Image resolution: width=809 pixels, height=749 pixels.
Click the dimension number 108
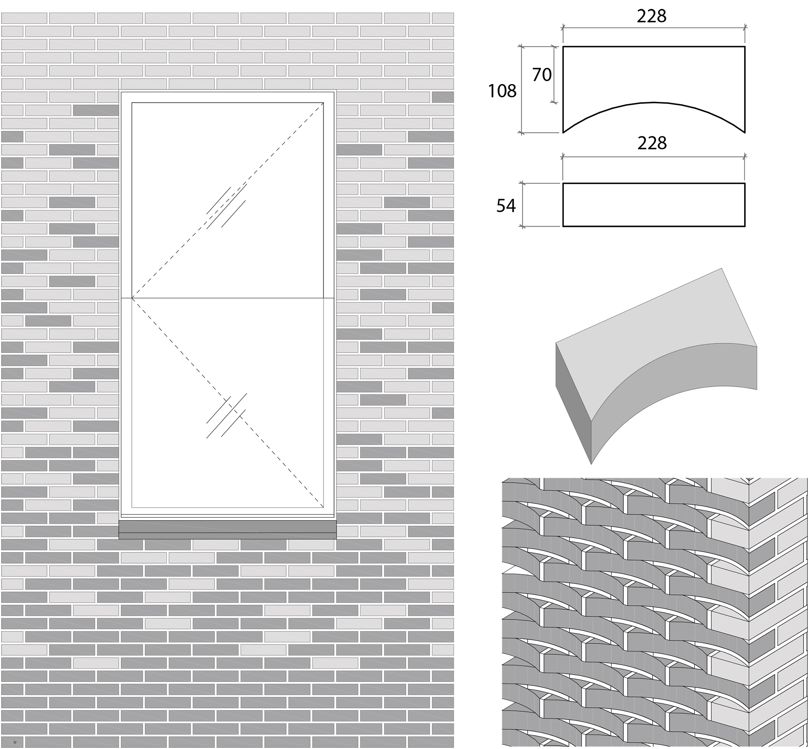(x=502, y=91)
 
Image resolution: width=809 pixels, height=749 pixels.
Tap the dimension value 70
(x=542, y=74)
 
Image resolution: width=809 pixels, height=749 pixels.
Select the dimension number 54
(x=506, y=206)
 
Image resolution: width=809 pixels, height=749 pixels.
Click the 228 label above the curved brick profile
(x=651, y=16)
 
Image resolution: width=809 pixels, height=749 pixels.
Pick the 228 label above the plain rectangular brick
(x=652, y=143)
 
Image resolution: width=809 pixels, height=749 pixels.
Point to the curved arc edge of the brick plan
(x=654, y=102)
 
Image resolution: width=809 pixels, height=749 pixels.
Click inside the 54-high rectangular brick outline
(x=654, y=205)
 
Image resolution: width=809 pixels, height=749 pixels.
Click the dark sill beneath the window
(x=227, y=530)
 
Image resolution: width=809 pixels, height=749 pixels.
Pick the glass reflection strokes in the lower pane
(x=226, y=415)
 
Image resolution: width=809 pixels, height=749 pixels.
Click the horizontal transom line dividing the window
(x=227, y=298)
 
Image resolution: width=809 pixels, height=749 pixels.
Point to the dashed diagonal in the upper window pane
(x=228, y=201)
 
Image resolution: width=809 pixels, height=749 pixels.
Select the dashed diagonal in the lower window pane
(x=228, y=403)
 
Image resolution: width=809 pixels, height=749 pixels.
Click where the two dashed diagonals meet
(x=132, y=298)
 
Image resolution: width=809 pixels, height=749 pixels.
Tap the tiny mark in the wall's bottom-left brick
(x=15, y=743)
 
